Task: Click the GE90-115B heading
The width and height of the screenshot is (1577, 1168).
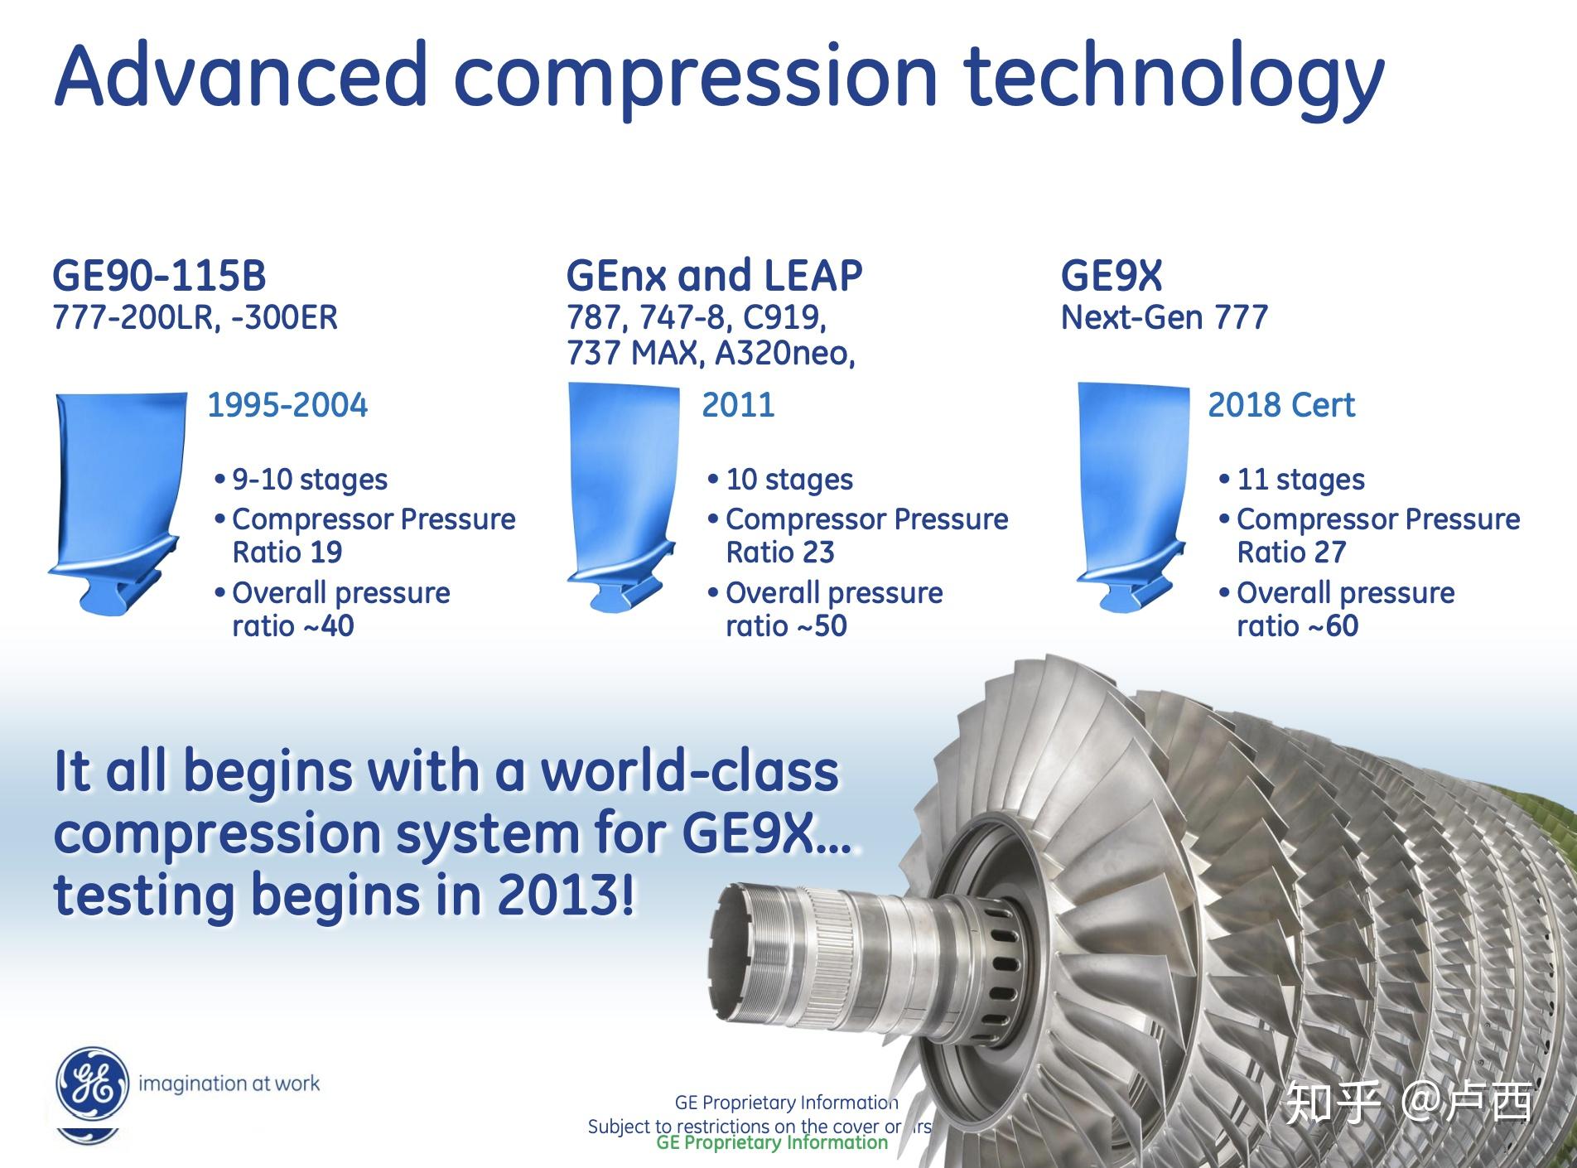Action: (x=159, y=275)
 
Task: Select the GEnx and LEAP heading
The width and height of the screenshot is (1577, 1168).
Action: (x=714, y=275)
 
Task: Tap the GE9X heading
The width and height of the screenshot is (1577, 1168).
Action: (x=1112, y=275)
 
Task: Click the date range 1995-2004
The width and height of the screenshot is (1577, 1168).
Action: (x=287, y=405)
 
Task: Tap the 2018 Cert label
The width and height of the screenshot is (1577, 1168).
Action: (x=1281, y=405)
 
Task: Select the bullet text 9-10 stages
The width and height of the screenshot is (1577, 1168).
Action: (x=310, y=480)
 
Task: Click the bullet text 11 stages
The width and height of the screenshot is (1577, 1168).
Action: (x=1300, y=480)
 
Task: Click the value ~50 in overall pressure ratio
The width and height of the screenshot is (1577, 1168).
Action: (x=822, y=626)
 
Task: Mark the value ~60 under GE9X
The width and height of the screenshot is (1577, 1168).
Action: (x=1333, y=626)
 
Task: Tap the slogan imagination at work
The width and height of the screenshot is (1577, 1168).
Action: (x=229, y=1084)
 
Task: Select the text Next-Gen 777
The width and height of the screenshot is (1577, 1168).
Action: (x=1164, y=318)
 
